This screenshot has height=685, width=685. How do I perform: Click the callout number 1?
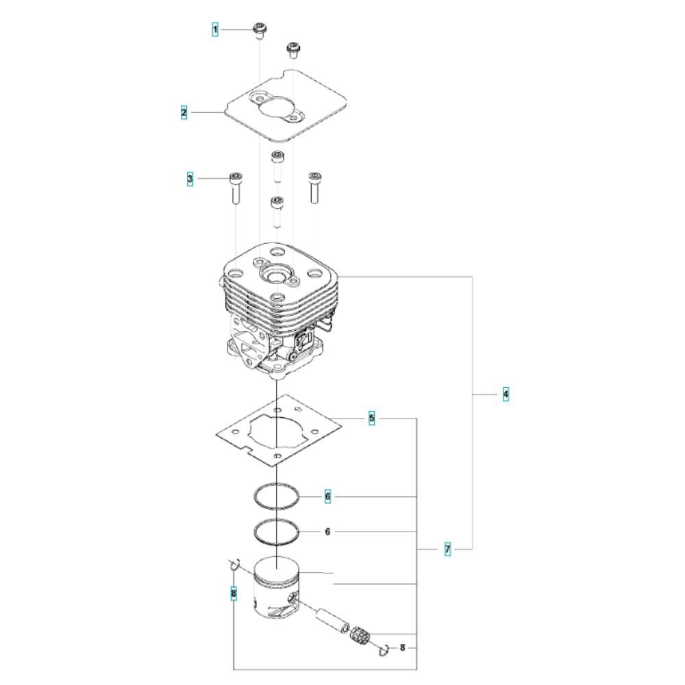215,29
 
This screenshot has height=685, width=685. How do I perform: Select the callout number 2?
184,112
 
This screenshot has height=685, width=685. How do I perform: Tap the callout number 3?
190,179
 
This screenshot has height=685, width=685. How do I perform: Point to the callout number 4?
506,394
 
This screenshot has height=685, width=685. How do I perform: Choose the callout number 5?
372,418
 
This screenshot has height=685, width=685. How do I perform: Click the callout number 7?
447,549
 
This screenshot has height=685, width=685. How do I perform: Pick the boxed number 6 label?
327,496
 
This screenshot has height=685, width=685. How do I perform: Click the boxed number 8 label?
234,593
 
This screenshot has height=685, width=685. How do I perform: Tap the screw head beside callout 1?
260,29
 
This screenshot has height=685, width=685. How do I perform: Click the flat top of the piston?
277,570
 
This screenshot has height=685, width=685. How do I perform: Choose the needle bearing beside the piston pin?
361,635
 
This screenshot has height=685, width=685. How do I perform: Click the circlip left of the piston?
233,565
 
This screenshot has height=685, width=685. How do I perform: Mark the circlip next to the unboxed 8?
385,649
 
